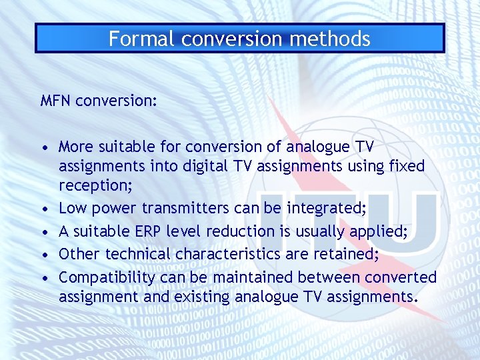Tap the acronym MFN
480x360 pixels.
[56, 101]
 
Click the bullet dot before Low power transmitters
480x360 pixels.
[43, 209]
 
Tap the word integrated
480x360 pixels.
[326, 208]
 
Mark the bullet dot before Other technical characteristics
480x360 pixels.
[43, 255]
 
